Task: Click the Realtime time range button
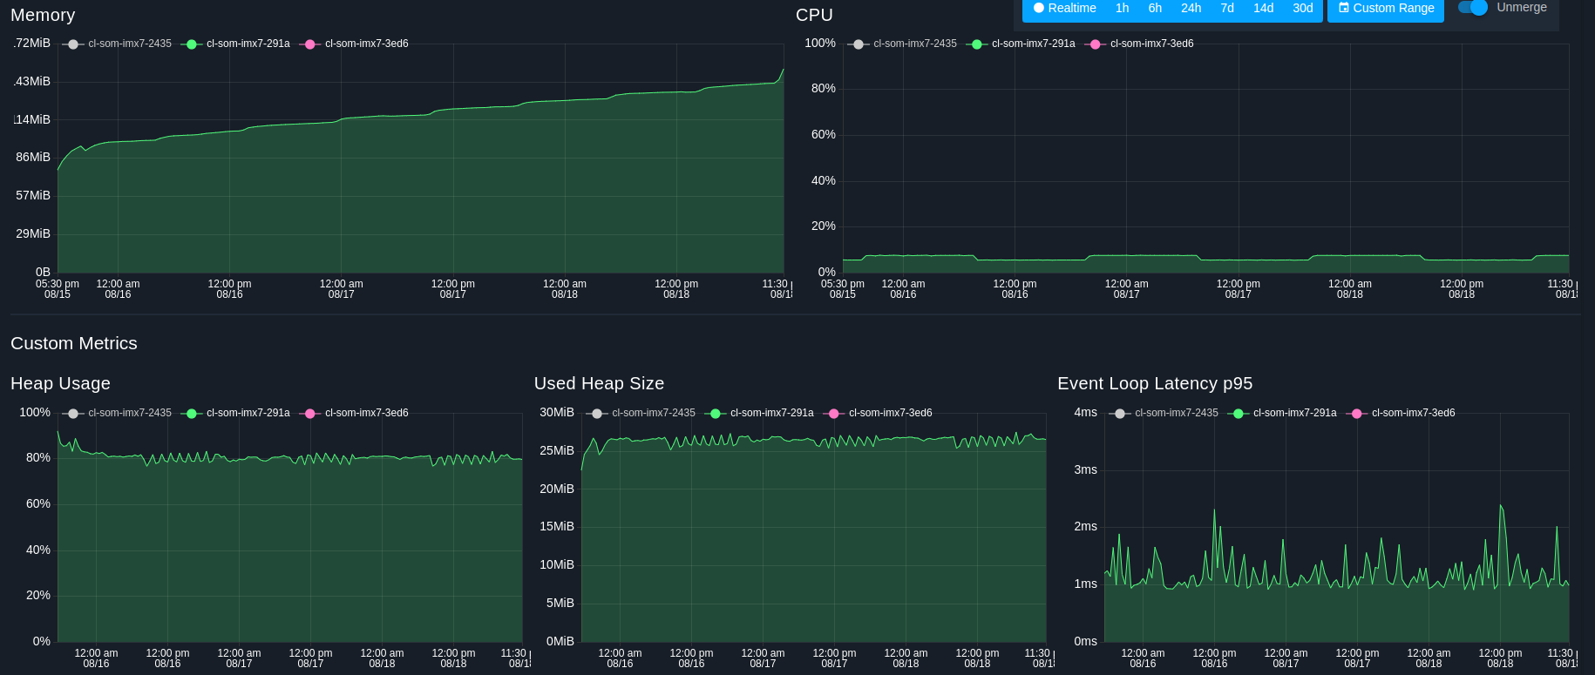pyautogui.click(x=1064, y=8)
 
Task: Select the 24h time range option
pyautogui.click(x=1191, y=8)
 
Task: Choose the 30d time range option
pyautogui.click(x=1302, y=8)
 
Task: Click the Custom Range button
pyautogui.click(x=1386, y=8)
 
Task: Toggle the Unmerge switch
pyautogui.click(x=1473, y=8)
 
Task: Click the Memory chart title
pyautogui.click(x=43, y=15)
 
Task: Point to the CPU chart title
pyautogui.click(x=814, y=15)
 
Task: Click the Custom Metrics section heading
pyautogui.click(x=74, y=343)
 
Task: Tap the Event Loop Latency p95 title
pyautogui.click(x=1155, y=383)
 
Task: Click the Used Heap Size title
pyautogui.click(x=599, y=383)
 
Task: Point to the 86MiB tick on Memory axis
pyautogui.click(x=33, y=157)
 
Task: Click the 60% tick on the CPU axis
pyautogui.click(x=823, y=134)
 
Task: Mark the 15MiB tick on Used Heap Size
pyautogui.click(x=556, y=526)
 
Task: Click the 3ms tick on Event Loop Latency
pyautogui.click(x=1085, y=469)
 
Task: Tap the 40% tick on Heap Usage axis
pyautogui.click(x=38, y=550)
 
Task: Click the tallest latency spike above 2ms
pyautogui.click(x=1500, y=506)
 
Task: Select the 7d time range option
pyautogui.click(x=1227, y=8)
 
